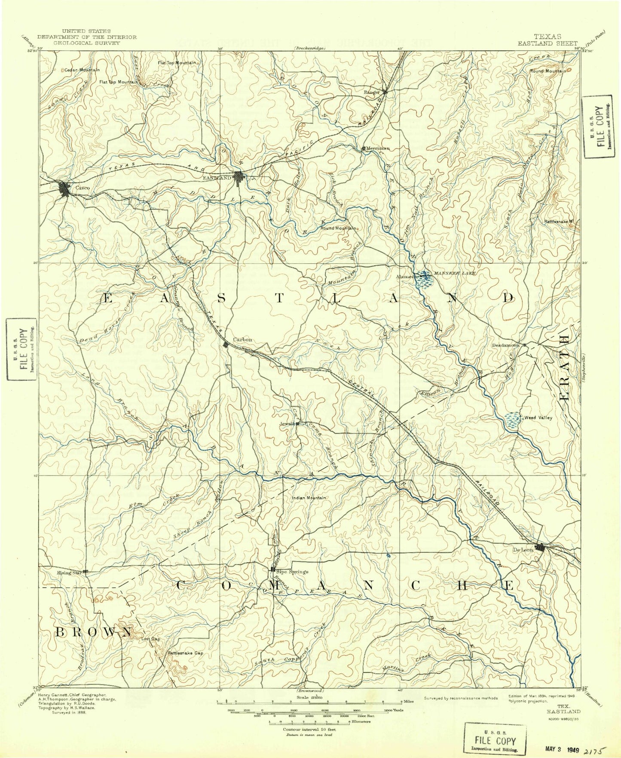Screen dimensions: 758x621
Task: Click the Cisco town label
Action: coord(83,188)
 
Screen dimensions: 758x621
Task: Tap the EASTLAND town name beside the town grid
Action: coord(217,178)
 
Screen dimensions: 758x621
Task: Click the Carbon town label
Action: coord(242,339)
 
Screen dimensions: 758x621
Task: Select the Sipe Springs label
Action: coord(292,572)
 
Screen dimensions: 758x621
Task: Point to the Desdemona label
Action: coord(506,345)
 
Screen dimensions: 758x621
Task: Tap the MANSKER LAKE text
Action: coord(454,273)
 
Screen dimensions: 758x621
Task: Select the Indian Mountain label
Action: coord(309,498)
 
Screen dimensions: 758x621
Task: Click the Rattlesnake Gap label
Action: coord(185,653)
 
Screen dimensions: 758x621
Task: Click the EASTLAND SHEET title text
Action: coord(548,43)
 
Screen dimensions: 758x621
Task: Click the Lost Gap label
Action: coord(150,639)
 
